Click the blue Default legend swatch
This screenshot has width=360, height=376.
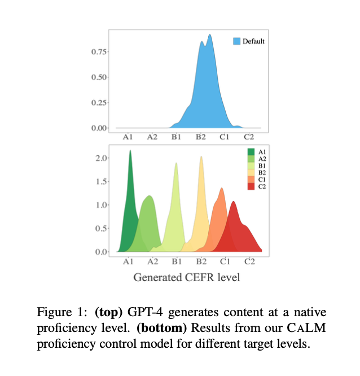[236, 41]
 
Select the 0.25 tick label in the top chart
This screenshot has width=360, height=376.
[99, 103]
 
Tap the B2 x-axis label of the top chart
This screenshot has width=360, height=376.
[201, 137]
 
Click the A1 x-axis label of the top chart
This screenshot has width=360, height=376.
[128, 137]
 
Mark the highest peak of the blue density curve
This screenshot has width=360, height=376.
[210, 34]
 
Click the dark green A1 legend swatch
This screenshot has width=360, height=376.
[251, 152]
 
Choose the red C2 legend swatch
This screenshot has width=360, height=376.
[251, 186]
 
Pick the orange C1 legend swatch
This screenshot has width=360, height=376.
[251, 180]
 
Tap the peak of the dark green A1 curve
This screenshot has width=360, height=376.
[130, 150]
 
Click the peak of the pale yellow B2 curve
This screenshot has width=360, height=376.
[201, 156]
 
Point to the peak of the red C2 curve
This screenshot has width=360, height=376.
[233, 202]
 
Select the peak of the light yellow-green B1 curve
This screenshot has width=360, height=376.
[176, 163]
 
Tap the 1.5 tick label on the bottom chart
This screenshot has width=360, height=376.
[101, 182]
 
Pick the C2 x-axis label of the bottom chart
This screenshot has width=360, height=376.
[249, 261]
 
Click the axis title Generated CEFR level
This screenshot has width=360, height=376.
[186, 277]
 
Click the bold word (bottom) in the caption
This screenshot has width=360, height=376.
[161, 328]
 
